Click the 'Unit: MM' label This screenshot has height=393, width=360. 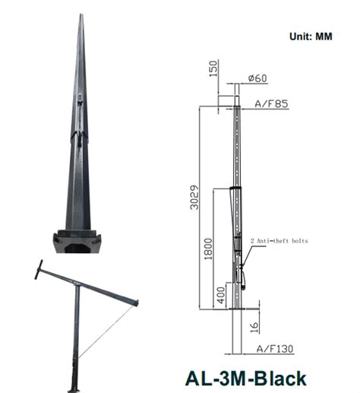tap(311, 36)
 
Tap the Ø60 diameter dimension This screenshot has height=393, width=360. tap(257, 78)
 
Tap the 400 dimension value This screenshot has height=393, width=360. tap(221, 293)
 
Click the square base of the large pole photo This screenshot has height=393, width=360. tap(79, 243)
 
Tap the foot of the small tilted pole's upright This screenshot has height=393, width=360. tap(73, 388)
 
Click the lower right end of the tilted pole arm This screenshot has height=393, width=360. tap(137, 304)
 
